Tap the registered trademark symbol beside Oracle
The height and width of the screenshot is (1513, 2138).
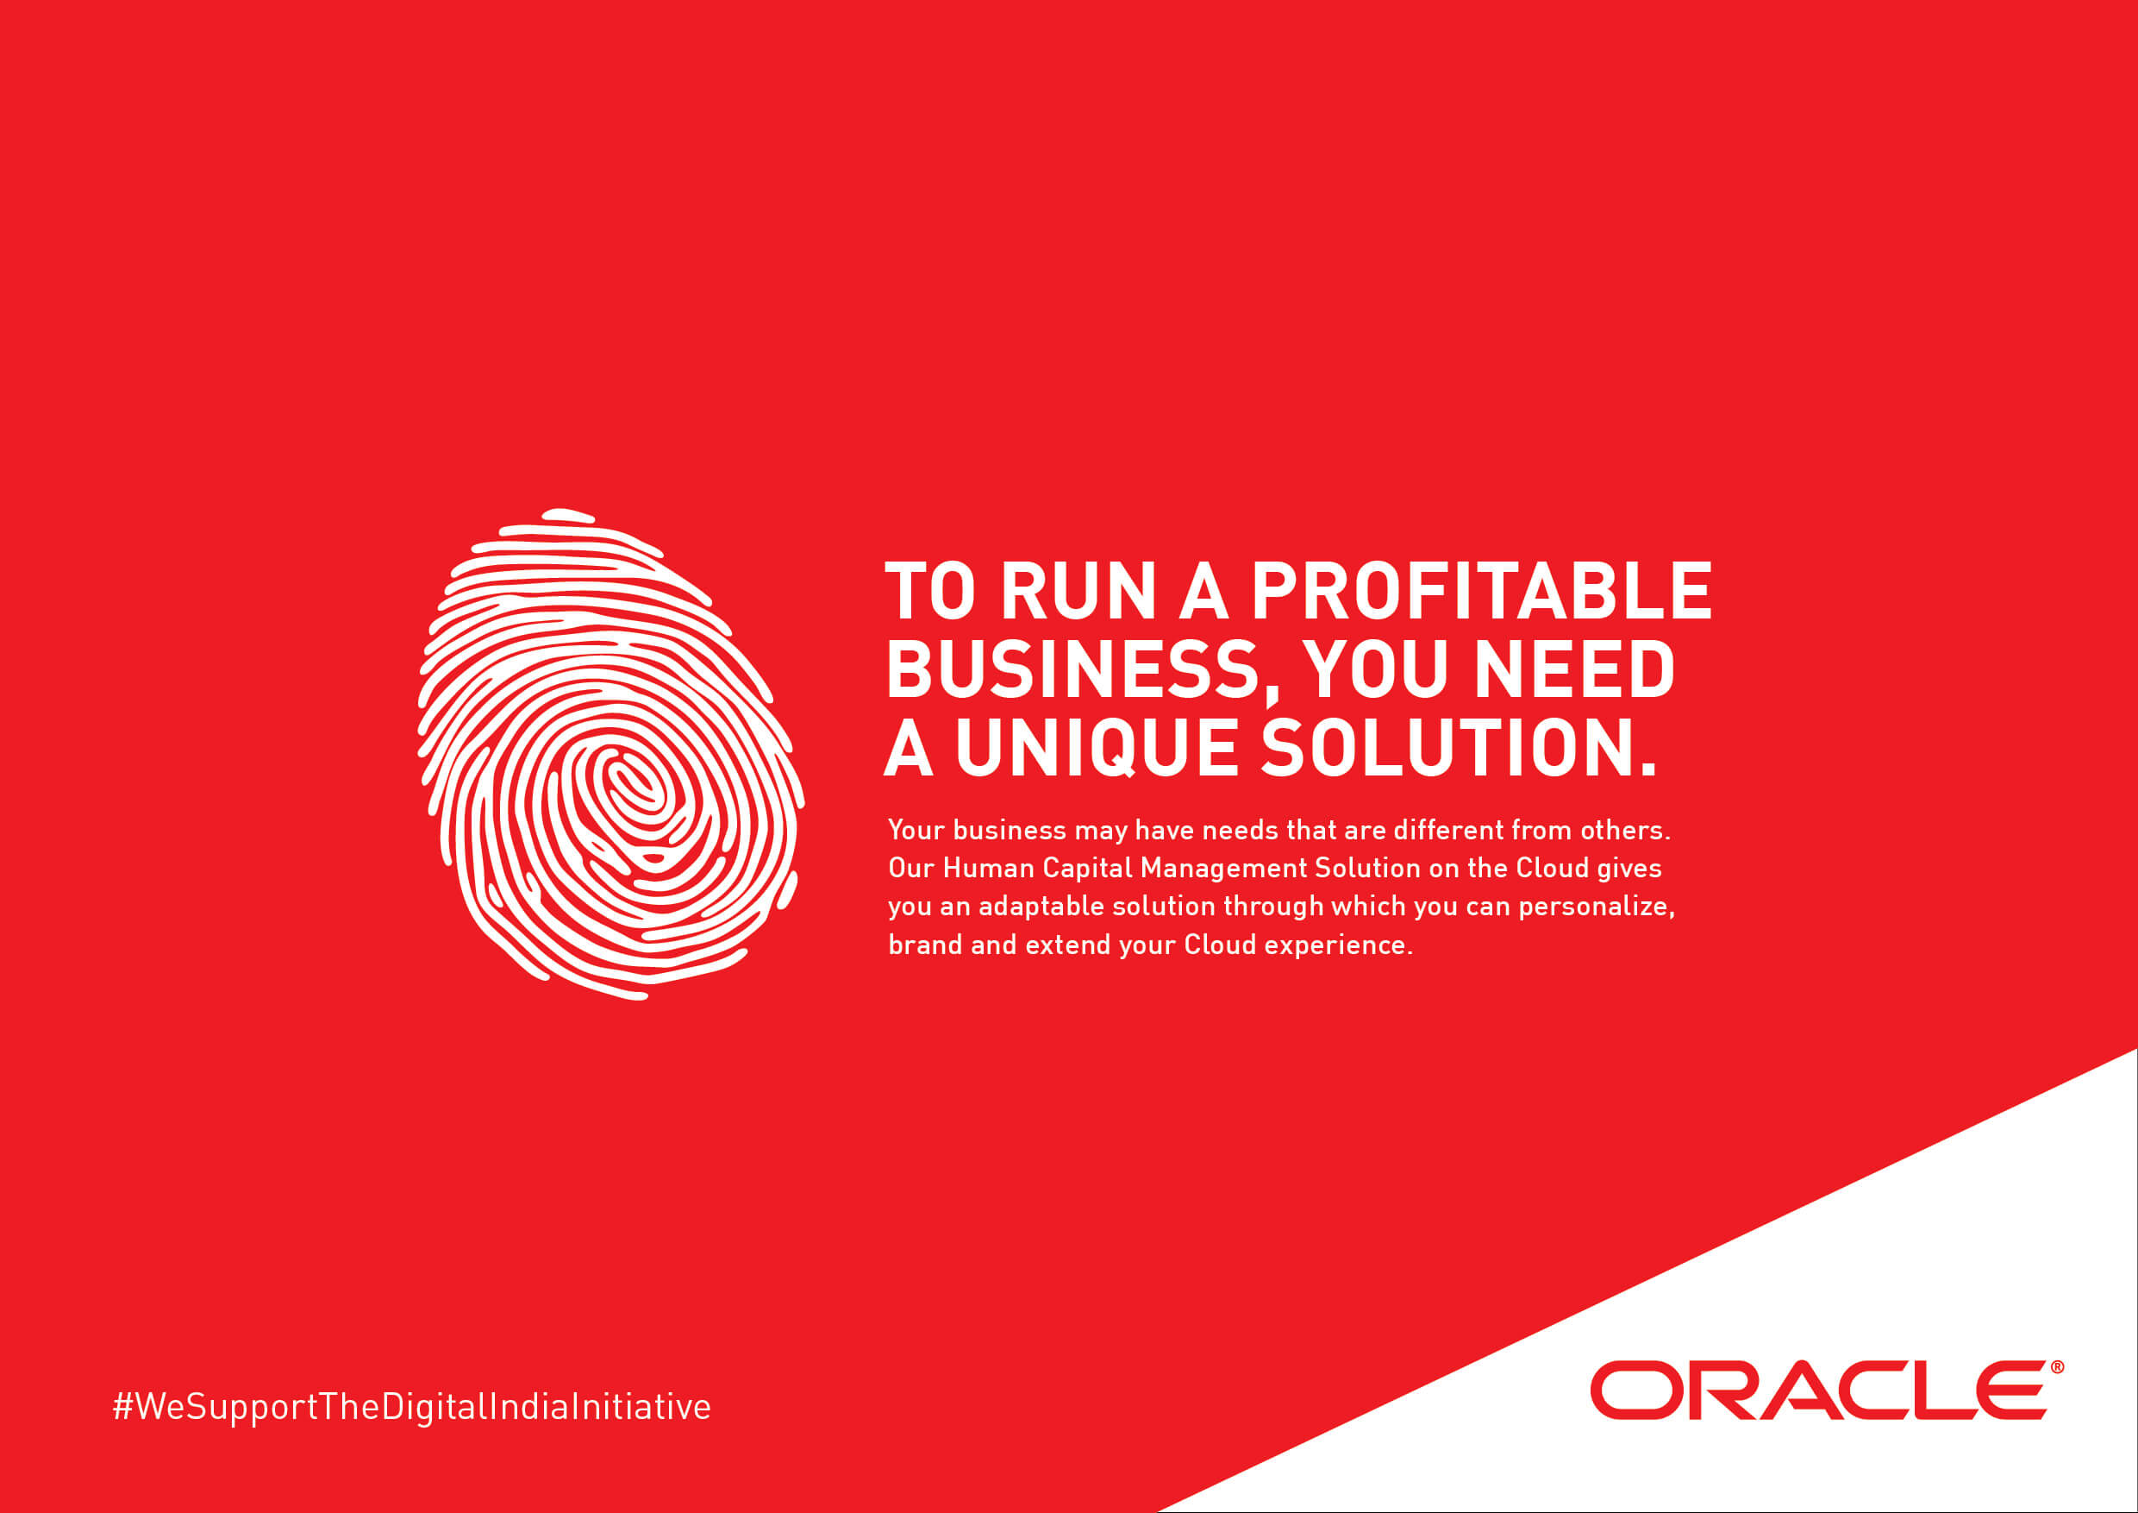coord(2057,1366)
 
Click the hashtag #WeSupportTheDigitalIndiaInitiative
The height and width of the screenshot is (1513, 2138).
coord(411,1406)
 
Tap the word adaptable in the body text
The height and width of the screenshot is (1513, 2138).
coord(1041,907)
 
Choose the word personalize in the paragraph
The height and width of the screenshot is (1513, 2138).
coord(1597,907)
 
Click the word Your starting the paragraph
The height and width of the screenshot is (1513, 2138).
coord(916,830)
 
